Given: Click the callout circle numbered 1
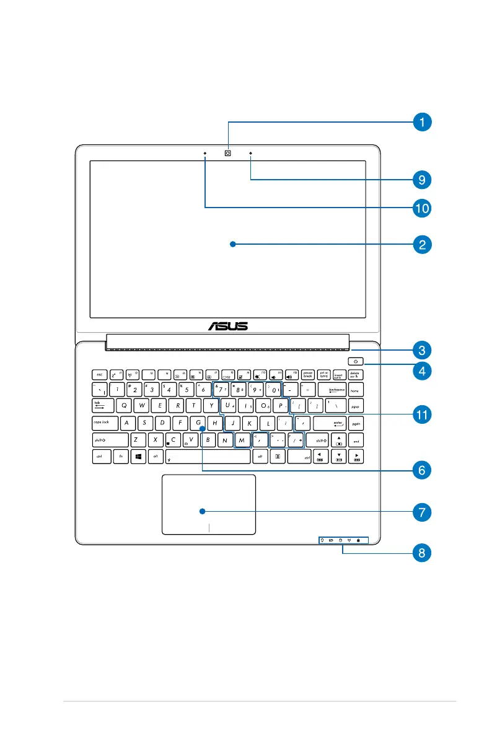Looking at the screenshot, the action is [x=421, y=122].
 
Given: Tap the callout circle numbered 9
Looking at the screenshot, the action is [x=421, y=180].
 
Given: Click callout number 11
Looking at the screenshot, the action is [x=421, y=413].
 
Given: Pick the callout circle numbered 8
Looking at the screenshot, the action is [x=421, y=552].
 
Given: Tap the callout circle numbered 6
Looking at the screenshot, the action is [x=421, y=470].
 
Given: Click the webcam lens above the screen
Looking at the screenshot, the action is [x=228, y=153].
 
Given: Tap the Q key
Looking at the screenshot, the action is [x=125, y=406].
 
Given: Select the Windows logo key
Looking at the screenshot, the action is [x=139, y=456].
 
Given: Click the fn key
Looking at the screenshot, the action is [x=120, y=456].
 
